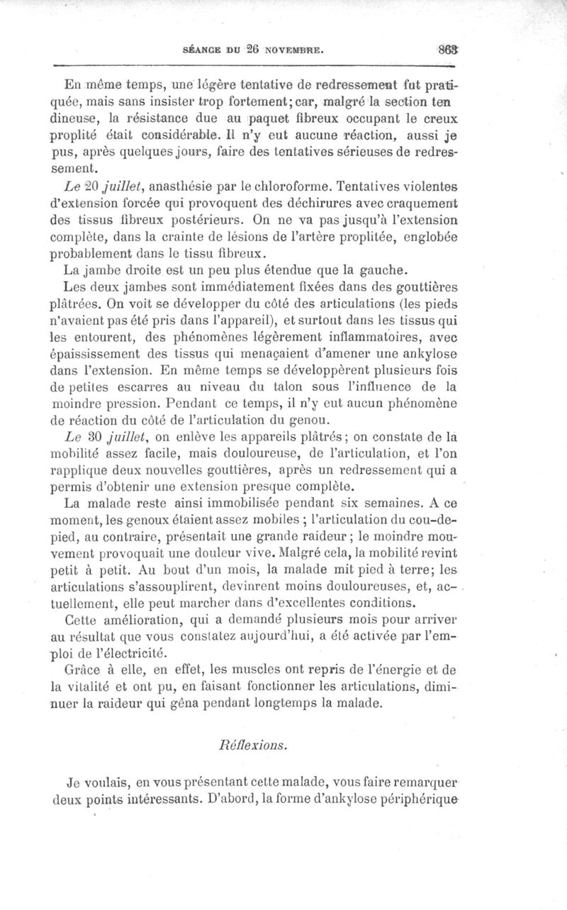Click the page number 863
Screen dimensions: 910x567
547,50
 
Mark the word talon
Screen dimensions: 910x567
339,389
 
